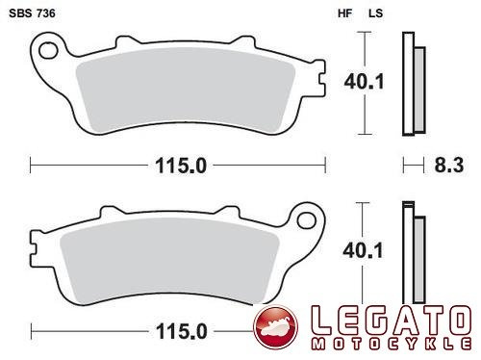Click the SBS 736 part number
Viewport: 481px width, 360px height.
(32, 13)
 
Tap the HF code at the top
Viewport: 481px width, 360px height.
(345, 13)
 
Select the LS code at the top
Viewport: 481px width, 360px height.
(375, 13)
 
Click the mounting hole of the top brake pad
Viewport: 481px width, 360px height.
(48, 51)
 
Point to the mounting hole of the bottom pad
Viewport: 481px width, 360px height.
(307, 220)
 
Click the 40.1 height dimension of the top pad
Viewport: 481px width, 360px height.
(364, 82)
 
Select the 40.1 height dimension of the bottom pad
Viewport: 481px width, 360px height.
(363, 250)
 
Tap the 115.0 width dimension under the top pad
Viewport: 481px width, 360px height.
(181, 166)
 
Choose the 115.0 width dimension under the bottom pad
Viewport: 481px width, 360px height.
(182, 331)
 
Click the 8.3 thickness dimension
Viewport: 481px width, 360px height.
(449, 166)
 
